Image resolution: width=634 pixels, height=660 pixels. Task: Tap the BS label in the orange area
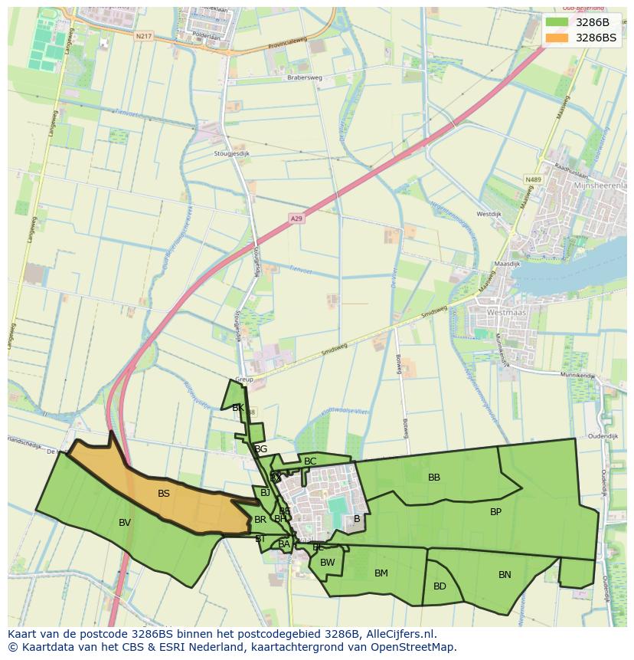click(163, 494)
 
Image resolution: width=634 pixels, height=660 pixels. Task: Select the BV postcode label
click(125, 523)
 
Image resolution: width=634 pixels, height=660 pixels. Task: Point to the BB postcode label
click(434, 478)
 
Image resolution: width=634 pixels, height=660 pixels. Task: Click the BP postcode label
click(495, 511)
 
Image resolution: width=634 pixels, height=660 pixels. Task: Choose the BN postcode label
click(505, 575)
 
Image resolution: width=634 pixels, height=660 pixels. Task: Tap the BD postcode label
click(440, 586)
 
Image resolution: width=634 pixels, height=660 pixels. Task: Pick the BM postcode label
click(381, 573)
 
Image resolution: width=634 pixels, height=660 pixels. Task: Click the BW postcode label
click(328, 563)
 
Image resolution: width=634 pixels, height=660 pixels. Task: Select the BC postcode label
click(310, 461)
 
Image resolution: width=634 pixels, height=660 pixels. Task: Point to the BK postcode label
click(238, 408)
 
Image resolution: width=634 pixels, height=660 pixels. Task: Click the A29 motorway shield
click(296, 218)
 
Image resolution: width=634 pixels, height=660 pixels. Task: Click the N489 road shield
click(533, 179)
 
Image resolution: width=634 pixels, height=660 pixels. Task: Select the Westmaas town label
click(506, 313)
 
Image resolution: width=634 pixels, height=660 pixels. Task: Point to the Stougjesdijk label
click(233, 153)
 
